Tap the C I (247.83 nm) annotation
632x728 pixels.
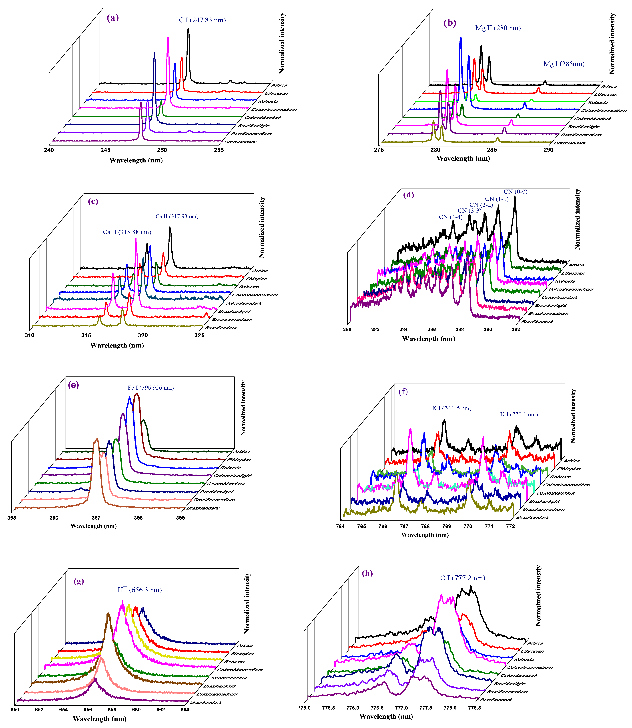click(202, 20)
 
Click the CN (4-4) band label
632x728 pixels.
click(450, 217)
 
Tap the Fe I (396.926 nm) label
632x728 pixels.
click(151, 388)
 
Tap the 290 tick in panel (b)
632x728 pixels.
click(548, 150)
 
